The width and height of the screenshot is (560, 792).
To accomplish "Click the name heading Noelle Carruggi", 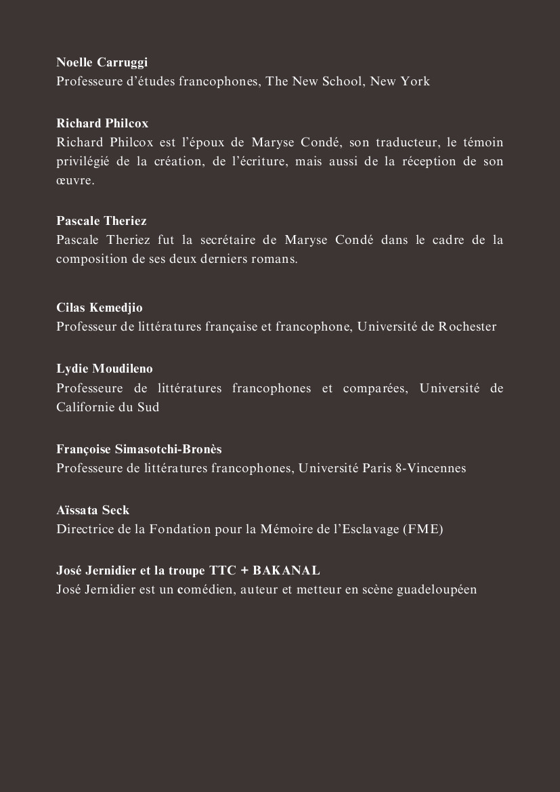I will coord(102,62).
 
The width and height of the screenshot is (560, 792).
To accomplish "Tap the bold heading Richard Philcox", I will coord(102,123).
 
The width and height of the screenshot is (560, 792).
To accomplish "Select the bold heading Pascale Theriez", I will coord(102,221).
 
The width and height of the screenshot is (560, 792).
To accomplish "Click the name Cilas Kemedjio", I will coord(100,308).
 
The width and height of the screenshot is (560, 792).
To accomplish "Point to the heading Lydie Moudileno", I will coord(104,369).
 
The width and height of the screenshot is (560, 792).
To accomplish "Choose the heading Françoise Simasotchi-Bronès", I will coord(139,449).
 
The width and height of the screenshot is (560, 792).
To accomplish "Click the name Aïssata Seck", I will coord(93,510).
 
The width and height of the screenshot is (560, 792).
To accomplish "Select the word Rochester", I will coord(467,327).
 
